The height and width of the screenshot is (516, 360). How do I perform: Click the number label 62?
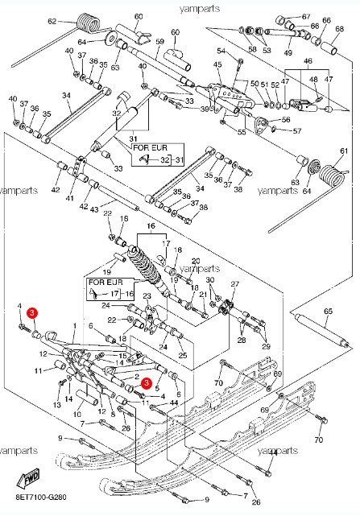pyautogui.click(x=52, y=22)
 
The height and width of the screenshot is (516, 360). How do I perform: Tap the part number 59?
pyautogui.click(x=159, y=41)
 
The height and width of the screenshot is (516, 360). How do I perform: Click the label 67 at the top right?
pyautogui.click(x=305, y=16)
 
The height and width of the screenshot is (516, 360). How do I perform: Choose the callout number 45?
pyautogui.click(x=217, y=64)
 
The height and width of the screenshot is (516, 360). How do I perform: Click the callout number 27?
pyautogui.click(x=235, y=284)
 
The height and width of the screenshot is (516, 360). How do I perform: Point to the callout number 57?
pyautogui.click(x=297, y=130)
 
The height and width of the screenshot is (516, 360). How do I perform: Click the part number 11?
pyautogui.click(x=38, y=370)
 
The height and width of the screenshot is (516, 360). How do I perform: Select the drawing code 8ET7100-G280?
pyautogui.click(x=40, y=507)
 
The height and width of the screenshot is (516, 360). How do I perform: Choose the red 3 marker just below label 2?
pyautogui.click(x=146, y=384)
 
